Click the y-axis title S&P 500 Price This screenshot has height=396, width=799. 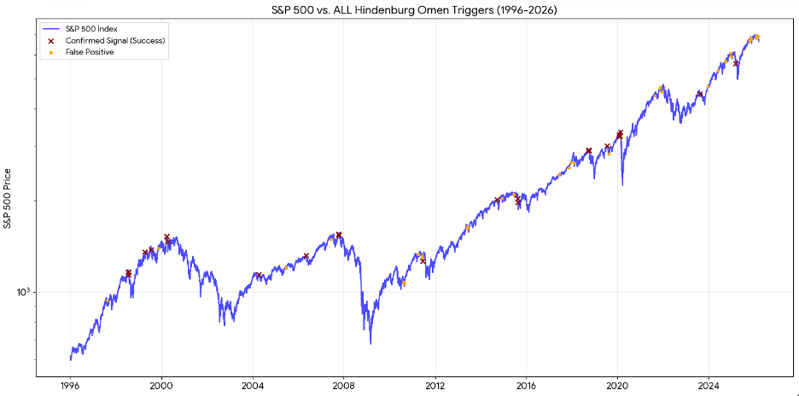coord(8,199)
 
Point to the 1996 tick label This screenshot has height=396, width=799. coord(70,384)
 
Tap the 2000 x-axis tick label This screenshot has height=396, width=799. coord(161,384)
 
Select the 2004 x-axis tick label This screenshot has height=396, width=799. coord(253,384)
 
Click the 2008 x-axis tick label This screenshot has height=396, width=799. coord(344,384)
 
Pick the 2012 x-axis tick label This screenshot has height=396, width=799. coord(435,384)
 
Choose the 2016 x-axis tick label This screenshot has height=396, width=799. coord(527,384)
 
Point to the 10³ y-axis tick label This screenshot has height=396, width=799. coord(24,292)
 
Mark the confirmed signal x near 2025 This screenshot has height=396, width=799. coord(736,63)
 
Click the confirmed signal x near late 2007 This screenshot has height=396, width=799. coord(339,235)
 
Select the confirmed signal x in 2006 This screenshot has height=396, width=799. coord(306,255)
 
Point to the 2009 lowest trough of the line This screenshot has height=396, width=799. coord(370,343)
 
